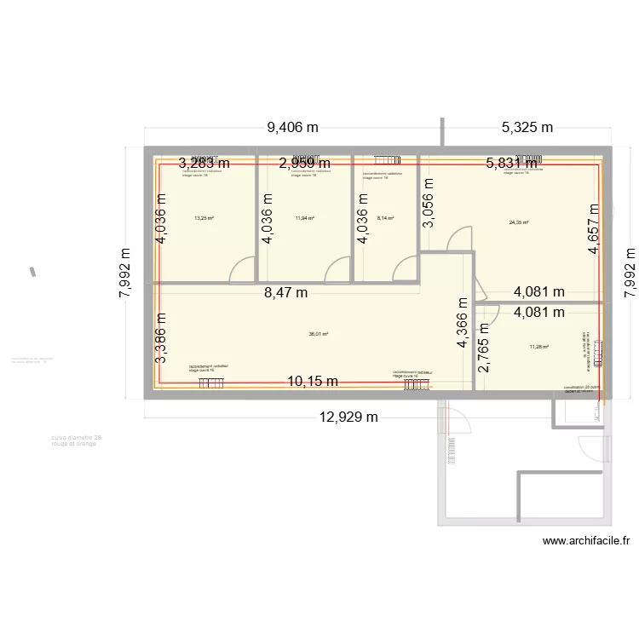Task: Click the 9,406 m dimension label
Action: coord(292,129)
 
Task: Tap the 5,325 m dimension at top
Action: coord(527,129)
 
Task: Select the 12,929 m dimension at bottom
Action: coord(348,417)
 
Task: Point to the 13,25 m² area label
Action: coord(204,218)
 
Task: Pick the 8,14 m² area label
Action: coord(385,218)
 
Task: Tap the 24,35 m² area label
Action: coord(519,223)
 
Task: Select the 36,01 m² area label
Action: coord(319,334)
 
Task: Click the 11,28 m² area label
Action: coord(539,347)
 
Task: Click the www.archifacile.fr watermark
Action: coord(585,540)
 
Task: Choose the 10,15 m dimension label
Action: coord(312,381)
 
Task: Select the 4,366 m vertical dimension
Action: coord(462,323)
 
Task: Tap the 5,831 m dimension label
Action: coord(512,164)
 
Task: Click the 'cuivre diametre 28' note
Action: coord(76,438)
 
